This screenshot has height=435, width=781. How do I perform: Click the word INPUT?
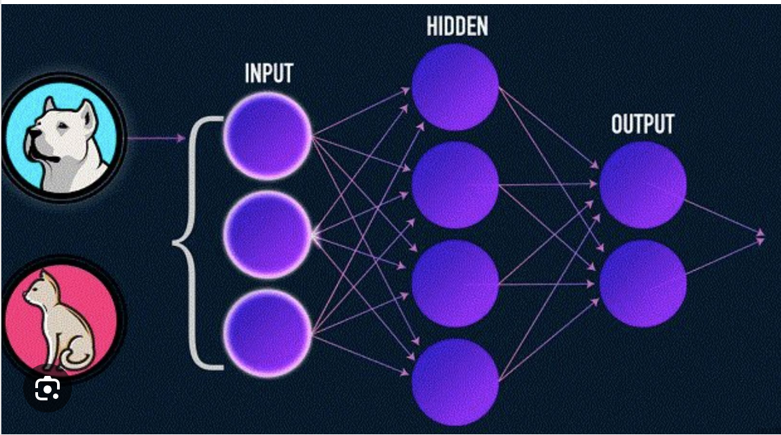coord(268,73)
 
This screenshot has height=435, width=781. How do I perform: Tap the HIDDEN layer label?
coord(457,27)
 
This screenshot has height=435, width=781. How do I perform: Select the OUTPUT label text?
coord(642,124)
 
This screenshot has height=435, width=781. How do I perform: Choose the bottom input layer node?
coord(268,333)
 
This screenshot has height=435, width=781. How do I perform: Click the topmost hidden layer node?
coord(455,86)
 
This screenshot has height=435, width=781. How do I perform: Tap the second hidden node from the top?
coord(455,184)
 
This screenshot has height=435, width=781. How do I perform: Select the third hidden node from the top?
coord(455,283)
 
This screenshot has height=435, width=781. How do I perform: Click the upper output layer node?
coord(642,184)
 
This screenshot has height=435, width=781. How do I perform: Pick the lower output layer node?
coord(642,283)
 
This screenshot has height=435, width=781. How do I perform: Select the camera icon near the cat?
coord(48,389)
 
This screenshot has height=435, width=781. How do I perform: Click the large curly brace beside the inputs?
coord(197,241)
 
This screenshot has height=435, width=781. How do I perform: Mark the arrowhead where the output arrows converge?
coord(761,237)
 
